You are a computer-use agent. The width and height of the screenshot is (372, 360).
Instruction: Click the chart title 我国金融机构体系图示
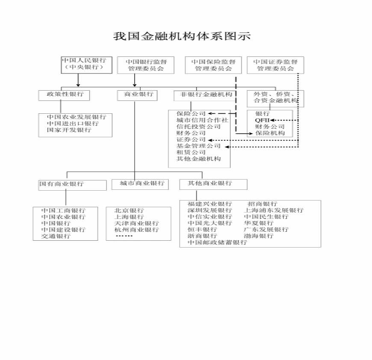click(182, 36)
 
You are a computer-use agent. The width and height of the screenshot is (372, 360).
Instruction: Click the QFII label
click(262, 120)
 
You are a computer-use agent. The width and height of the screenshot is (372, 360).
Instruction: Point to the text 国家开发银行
click(69, 130)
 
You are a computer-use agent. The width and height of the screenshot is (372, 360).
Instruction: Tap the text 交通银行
click(56, 236)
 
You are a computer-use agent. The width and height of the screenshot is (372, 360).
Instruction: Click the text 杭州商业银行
click(136, 230)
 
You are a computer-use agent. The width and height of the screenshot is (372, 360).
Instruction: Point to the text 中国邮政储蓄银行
click(217, 242)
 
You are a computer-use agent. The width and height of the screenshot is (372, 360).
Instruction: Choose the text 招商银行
click(262, 204)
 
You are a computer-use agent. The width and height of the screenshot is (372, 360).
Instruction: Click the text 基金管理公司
click(198, 146)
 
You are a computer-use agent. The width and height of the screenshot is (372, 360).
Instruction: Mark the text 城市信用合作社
click(202, 120)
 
